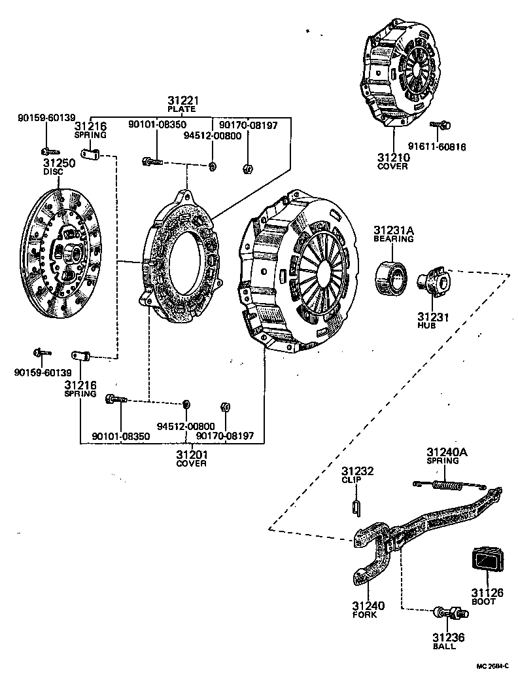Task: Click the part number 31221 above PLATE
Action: pyautogui.click(x=182, y=100)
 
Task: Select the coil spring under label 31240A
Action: pyautogui.click(x=449, y=486)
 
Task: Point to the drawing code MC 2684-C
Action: pyautogui.click(x=492, y=666)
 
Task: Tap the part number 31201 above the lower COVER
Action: pyautogui.click(x=191, y=454)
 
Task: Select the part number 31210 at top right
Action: pyautogui.click(x=393, y=158)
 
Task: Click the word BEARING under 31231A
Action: pyautogui.click(x=394, y=239)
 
